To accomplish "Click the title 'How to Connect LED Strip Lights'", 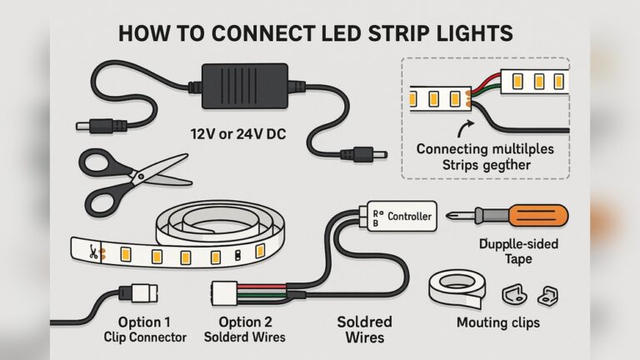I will [x=315, y=34].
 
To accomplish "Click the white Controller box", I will [x=400, y=217].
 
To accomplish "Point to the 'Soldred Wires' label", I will [x=364, y=329].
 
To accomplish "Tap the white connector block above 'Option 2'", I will [x=226, y=294].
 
